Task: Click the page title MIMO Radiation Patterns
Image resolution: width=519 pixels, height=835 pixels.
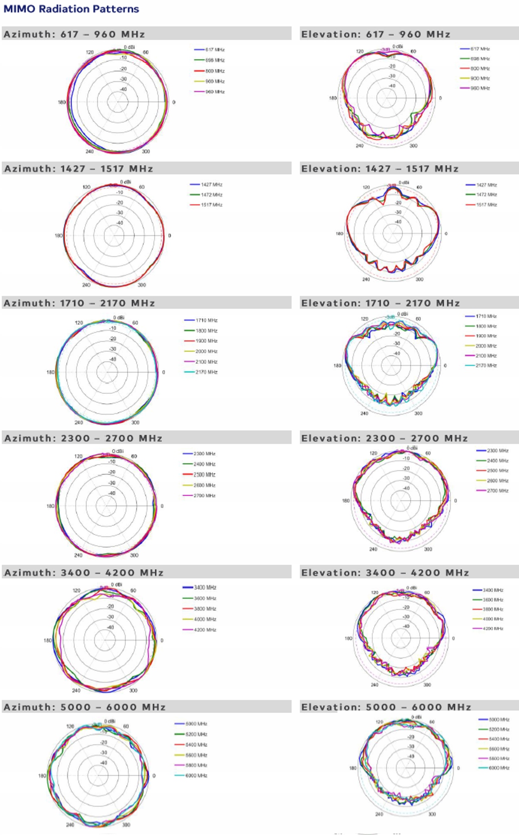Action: click(x=71, y=9)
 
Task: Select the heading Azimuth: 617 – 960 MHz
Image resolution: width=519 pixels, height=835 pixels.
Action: click(x=74, y=34)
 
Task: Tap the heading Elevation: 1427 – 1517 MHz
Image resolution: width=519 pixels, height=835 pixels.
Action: click(x=380, y=169)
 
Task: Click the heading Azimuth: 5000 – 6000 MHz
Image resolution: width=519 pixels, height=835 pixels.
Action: click(x=85, y=707)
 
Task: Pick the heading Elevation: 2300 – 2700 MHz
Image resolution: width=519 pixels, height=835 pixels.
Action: click(x=384, y=438)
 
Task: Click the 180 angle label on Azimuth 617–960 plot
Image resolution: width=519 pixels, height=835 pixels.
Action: click(x=62, y=103)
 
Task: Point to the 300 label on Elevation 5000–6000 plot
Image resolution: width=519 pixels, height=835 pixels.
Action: click(x=432, y=814)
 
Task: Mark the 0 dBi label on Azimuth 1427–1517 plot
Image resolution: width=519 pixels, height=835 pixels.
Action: click(x=125, y=182)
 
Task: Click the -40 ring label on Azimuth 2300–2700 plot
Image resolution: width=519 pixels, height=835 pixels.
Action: click(x=112, y=493)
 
